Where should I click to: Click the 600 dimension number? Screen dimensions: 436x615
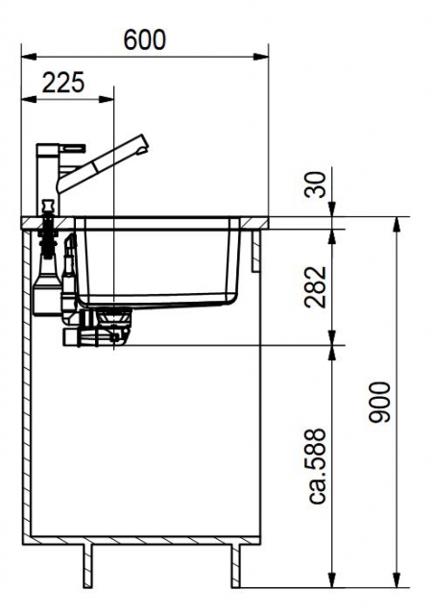[x=145, y=39]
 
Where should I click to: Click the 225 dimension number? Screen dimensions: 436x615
[x=63, y=83]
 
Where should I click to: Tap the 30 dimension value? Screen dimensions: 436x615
[x=316, y=184]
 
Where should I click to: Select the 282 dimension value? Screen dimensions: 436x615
[x=316, y=287]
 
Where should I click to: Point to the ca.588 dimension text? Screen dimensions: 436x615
[x=317, y=466]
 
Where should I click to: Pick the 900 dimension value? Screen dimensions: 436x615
[x=380, y=402]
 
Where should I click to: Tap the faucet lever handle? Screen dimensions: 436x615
[x=72, y=148]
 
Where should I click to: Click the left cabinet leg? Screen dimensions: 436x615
[x=88, y=565]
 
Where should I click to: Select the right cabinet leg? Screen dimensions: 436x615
[x=235, y=565]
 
